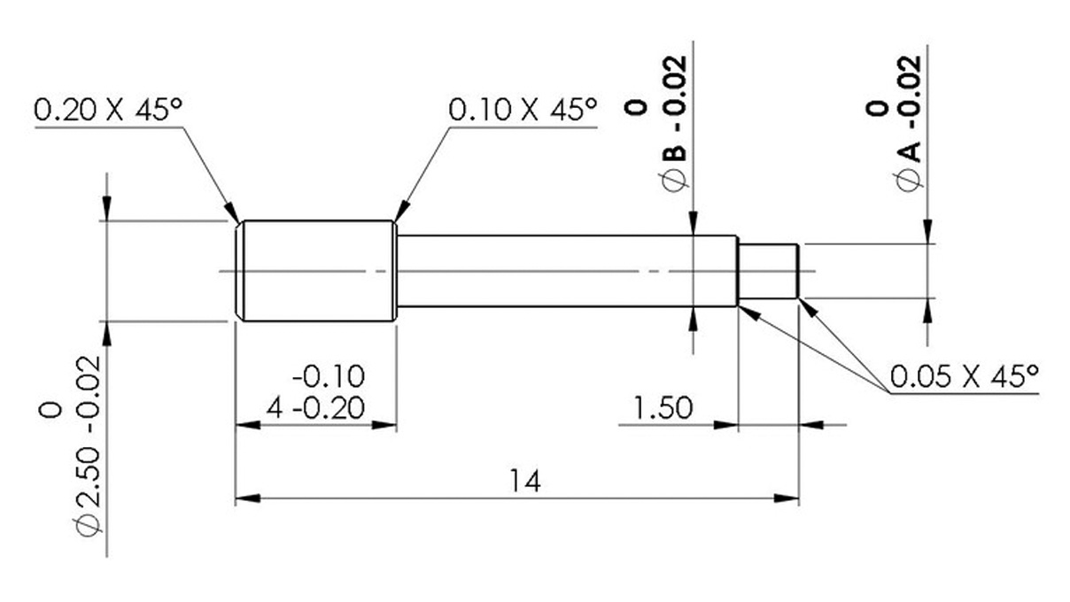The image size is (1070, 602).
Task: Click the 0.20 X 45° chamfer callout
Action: point(107,111)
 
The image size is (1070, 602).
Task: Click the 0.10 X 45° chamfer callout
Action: point(523,111)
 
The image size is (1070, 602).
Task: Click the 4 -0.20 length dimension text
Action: point(315,408)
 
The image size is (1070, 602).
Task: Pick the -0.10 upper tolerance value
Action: point(328,376)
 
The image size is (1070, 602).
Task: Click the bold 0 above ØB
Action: point(635,107)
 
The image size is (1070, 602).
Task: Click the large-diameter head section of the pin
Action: point(316,270)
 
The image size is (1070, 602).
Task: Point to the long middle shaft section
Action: point(567,270)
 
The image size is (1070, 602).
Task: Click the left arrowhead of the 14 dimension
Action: point(244,498)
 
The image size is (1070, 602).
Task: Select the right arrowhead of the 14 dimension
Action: point(790,498)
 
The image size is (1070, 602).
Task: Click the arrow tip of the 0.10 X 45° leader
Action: point(395,219)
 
